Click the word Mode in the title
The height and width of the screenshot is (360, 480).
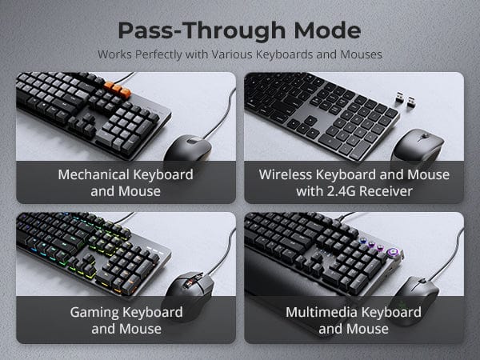(327, 30)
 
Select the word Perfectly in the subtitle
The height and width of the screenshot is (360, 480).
(158, 54)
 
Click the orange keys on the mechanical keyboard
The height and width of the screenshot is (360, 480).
(118, 89)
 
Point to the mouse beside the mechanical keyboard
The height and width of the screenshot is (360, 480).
(188, 149)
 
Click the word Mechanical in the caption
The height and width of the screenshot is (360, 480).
(94, 174)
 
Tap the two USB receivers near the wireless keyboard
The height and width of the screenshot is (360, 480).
(405, 99)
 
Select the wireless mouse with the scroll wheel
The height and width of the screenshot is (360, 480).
(418, 146)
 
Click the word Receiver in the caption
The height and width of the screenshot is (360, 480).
(386, 191)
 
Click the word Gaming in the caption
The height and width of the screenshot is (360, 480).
(94, 313)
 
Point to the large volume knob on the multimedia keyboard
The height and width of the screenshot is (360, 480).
(392, 253)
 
